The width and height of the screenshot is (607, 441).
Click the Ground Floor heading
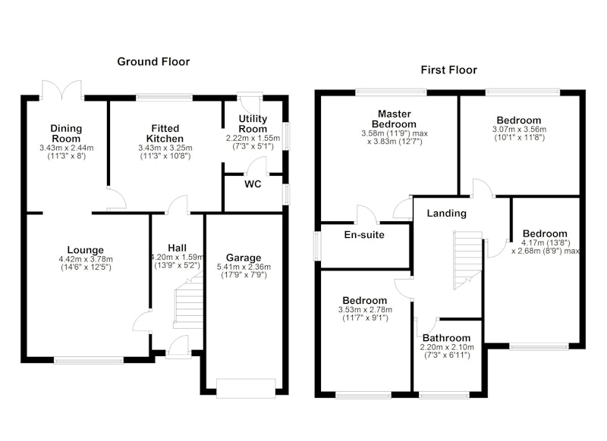tap(153, 62)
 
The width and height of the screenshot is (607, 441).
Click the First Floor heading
tap(448, 70)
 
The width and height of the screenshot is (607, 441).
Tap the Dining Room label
tap(66, 133)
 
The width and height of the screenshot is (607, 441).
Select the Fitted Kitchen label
tap(165, 133)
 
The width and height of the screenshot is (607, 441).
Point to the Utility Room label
tap(253, 124)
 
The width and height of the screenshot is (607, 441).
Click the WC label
tap(253, 184)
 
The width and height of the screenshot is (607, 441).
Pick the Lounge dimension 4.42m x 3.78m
tap(86, 259)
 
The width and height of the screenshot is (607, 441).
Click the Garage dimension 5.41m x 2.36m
tap(244, 267)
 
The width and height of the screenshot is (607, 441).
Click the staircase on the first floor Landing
tap(467, 261)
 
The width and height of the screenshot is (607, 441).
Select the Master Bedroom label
tap(394, 119)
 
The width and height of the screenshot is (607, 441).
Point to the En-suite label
tap(364, 235)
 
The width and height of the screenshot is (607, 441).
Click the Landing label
tap(446, 214)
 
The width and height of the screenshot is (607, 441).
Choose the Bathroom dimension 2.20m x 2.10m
tap(447, 347)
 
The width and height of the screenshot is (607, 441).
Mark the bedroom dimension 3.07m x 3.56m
tap(519, 129)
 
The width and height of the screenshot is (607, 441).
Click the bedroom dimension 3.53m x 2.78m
tap(365, 310)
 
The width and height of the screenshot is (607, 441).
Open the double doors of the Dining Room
tap(62, 89)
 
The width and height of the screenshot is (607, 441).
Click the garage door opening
tap(246, 389)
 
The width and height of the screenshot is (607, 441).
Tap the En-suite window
tap(317, 246)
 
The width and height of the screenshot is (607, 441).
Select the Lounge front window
tap(89, 360)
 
